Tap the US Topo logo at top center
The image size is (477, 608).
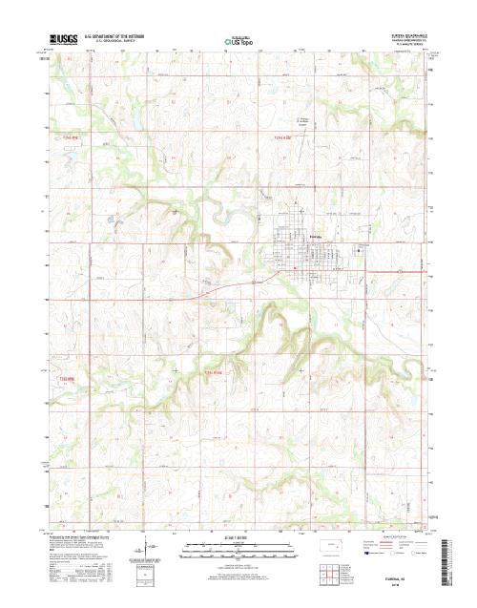238,43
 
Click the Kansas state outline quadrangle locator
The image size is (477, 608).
331,547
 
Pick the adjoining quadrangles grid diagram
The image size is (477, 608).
331,572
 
